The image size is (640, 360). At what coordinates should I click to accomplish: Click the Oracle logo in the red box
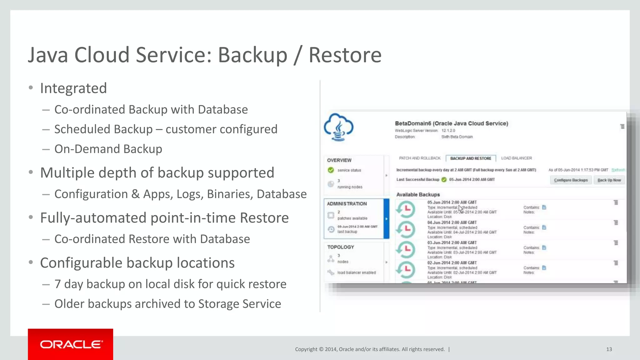71,344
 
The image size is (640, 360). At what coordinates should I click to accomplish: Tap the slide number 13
609,349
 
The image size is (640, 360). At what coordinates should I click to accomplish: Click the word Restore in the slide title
345,55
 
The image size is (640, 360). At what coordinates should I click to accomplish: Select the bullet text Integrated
73,88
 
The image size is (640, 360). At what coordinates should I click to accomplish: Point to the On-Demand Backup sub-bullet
108,149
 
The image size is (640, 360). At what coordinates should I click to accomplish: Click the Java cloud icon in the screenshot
339,127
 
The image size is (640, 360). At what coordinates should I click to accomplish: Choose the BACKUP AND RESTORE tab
471,158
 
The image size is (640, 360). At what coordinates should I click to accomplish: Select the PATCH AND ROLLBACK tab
420,158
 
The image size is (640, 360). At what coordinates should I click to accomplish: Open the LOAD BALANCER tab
516,158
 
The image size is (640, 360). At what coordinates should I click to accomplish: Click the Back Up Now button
609,180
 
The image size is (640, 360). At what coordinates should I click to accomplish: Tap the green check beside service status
331,170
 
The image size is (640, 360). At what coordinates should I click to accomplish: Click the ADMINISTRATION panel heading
347,204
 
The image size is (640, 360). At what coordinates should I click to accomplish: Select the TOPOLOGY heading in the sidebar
340,247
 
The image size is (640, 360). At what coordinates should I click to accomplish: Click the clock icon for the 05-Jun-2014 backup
406,209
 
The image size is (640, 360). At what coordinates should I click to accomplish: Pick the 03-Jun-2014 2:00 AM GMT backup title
452,243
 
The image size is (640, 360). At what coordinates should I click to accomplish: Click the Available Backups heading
418,195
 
